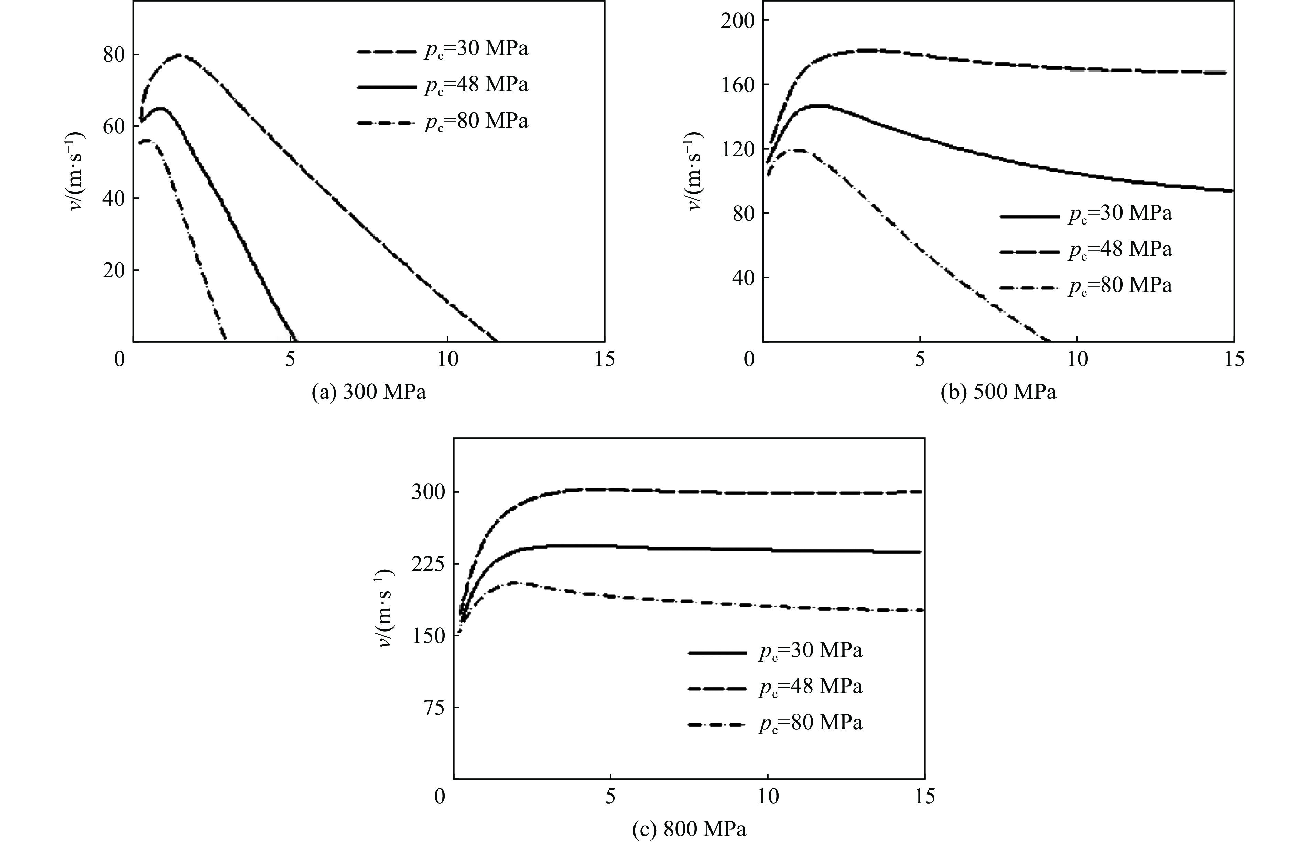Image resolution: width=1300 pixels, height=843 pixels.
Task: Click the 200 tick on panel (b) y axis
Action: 736,20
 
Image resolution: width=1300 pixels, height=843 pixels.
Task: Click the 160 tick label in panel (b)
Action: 736,85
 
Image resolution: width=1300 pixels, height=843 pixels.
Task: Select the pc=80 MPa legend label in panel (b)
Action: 1120,286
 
